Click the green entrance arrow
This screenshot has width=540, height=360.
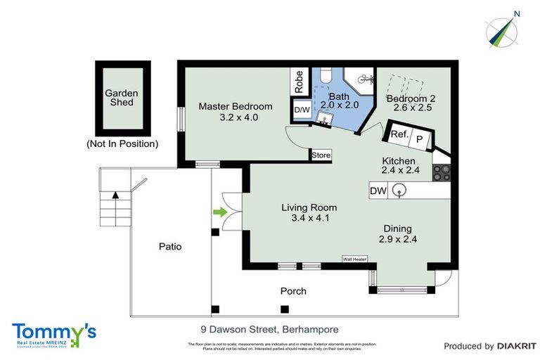221,210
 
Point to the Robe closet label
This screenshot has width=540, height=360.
299,82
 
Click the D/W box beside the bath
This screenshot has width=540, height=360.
302,110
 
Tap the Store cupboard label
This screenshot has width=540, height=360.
321,155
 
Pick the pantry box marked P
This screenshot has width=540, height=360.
420,139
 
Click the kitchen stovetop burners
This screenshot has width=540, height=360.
441,171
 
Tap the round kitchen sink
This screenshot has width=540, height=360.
399,190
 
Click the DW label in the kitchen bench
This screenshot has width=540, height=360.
378,190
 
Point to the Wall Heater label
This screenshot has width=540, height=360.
355,258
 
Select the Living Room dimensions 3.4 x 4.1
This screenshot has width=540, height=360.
309,218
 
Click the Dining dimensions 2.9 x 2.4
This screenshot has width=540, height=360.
397,239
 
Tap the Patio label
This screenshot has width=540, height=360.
169,246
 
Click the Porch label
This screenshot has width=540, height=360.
293,290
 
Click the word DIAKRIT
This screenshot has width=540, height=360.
517,346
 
